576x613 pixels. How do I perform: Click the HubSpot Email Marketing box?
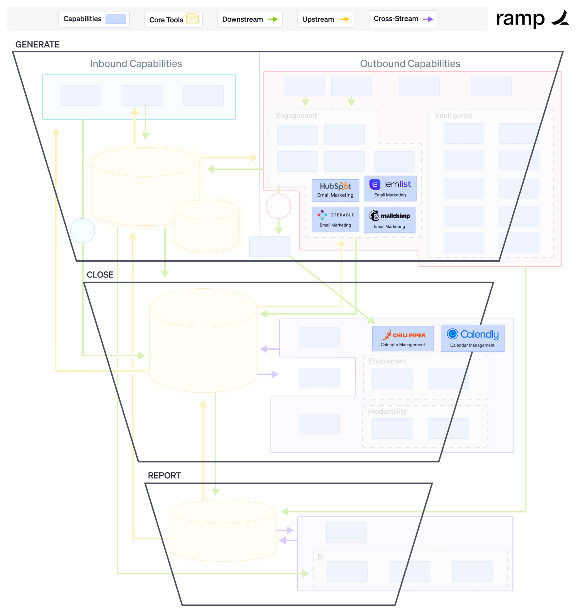[x=335, y=190]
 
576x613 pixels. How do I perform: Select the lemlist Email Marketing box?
[x=390, y=189]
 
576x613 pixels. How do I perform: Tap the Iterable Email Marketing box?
[x=335, y=219]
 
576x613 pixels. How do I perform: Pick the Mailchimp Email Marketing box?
[x=389, y=220]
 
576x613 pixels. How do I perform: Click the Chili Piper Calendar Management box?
[x=403, y=338]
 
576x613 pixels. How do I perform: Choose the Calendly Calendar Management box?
[x=472, y=338]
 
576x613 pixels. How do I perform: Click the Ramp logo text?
[x=520, y=19]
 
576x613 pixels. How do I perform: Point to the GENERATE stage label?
[x=37, y=44]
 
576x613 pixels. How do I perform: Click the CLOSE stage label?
[x=100, y=275]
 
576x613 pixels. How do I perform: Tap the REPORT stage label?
[x=164, y=475]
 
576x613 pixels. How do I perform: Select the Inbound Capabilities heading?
[x=136, y=64]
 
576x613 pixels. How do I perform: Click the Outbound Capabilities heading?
[x=410, y=64]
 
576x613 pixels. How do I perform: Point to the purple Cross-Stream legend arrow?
[x=428, y=19]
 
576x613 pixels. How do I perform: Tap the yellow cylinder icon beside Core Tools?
[x=192, y=19]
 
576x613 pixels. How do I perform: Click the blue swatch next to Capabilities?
[x=116, y=19]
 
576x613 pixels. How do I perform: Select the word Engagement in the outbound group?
[x=296, y=116]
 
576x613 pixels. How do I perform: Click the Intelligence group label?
[x=454, y=116]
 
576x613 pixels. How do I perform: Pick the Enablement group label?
[x=388, y=361]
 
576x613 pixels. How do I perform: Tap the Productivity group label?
[x=387, y=411]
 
